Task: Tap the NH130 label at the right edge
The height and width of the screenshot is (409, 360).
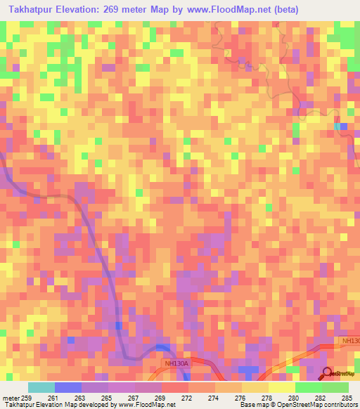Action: click(x=349, y=341)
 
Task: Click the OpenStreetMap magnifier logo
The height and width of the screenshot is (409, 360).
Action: click(x=328, y=373)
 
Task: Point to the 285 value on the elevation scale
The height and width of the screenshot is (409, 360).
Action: click(x=346, y=398)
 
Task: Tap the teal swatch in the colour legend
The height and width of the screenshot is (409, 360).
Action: click(x=41, y=387)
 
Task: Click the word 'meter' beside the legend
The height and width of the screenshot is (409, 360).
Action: click(x=9, y=398)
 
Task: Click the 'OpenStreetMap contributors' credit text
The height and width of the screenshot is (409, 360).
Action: click(x=325, y=405)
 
